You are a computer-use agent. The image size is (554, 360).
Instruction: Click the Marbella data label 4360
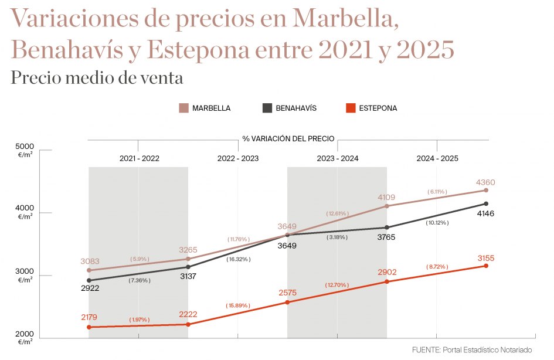pyautogui.click(x=485, y=182)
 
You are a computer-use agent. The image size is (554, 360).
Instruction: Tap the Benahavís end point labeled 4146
pyautogui.click(x=486, y=204)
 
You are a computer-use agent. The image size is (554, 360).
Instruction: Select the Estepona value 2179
pyautogui.click(x=89, y=317)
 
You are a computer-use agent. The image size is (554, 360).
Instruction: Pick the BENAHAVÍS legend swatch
pyautogui.click(x=267, y=108)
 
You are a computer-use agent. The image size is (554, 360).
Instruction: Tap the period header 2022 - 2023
pyautogui.click(x=237, y=158)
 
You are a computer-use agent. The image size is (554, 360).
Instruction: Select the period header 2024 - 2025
pyautogui.click(x=437, y=158)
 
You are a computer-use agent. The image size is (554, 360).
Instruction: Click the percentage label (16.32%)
pyautogui.click(x=238, y=259)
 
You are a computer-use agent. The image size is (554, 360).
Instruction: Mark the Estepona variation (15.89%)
pyautogui.click(x=238, y=305)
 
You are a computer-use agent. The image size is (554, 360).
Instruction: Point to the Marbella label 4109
pyautogui.click(x=386, y=197)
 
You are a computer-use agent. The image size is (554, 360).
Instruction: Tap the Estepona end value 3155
pyautogui.click(x=486, y=257)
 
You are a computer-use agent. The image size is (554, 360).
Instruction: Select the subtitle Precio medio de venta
pyautogui.click(x=97, y=77)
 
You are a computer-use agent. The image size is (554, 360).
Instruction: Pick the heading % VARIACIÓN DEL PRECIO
pyautogui.click(x=288, y=139)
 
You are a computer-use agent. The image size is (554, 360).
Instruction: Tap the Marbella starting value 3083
pyautogui.click(x=89, y=260)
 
